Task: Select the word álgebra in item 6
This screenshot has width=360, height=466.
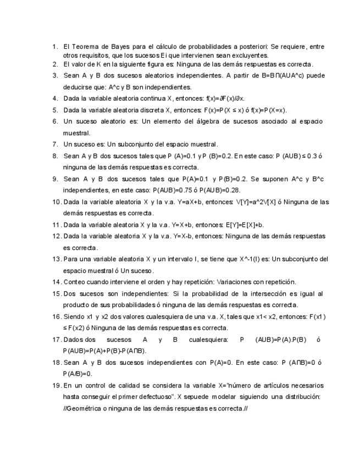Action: click(181, 121)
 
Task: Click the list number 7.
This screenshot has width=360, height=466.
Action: click(55, 144)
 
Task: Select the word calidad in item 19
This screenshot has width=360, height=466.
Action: click(131, 385)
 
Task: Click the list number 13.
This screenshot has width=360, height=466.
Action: click(57, 259)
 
